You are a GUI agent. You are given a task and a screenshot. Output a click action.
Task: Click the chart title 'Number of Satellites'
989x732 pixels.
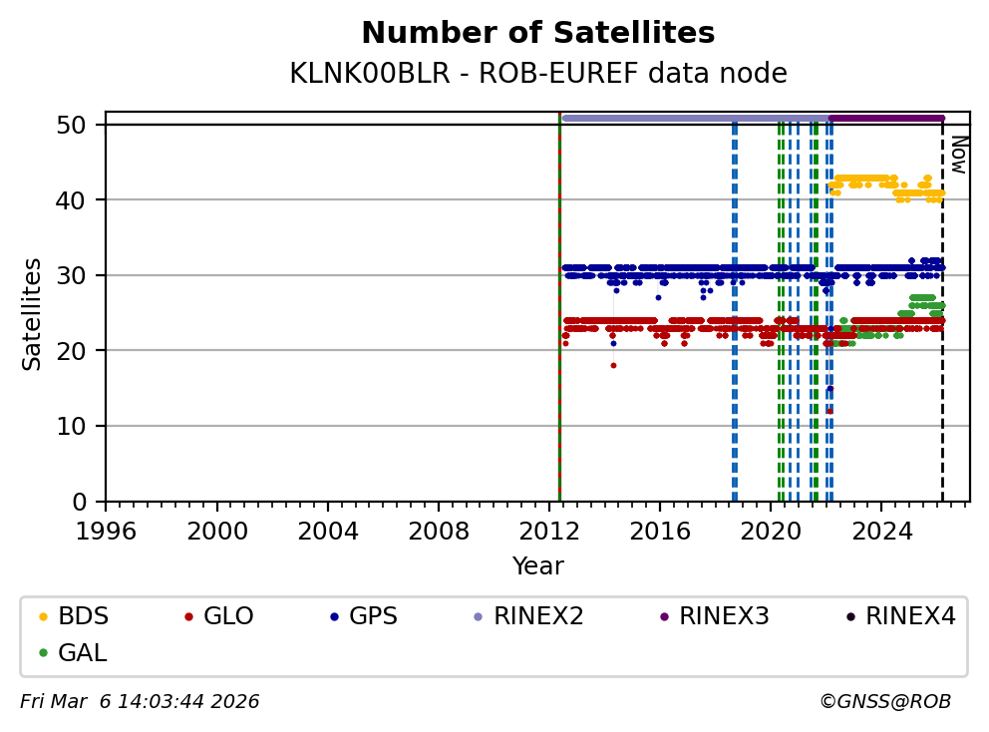click(x=537, y=33)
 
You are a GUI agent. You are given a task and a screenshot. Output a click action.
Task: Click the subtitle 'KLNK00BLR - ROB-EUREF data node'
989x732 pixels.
click(x=537, y=74)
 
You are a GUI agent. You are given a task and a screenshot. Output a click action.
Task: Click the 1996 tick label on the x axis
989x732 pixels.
click(x=107, y=529)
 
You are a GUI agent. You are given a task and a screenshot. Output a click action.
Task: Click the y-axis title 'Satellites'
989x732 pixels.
click(x=33, y=313)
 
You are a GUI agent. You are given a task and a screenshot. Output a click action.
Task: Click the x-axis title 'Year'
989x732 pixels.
click(x=537, y=566)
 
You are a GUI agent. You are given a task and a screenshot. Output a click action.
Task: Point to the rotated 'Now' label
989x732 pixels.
click(x=957, y=155)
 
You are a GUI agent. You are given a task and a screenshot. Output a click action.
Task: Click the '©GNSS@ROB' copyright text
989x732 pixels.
click(x=884, y=702)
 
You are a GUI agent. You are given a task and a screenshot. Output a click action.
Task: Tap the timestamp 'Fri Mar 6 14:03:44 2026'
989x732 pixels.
click(x=140, y=702)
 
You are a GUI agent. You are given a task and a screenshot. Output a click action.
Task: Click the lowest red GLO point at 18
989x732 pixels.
click(x=613, y=365)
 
